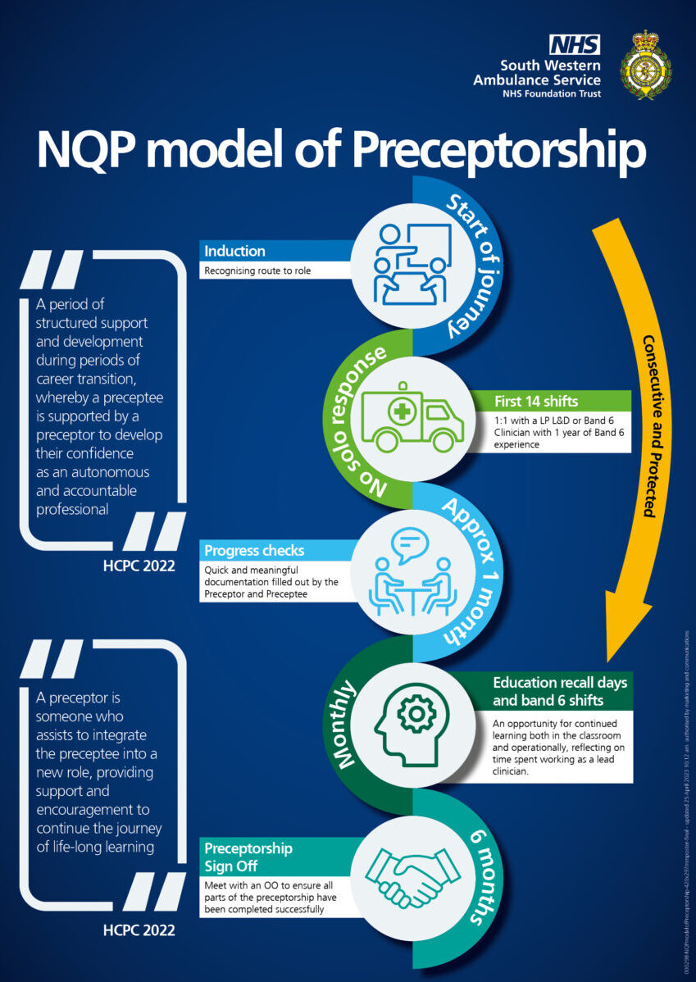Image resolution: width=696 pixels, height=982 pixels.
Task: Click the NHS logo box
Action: tap(575, 44)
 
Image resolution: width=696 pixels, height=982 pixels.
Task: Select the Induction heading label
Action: tap(234, 251)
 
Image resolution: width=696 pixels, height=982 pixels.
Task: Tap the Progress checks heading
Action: tap(254, 550)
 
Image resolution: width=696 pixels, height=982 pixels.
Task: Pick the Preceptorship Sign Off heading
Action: tap(248, 856)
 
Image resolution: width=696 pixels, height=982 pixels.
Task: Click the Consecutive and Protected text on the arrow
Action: tap(648, 425)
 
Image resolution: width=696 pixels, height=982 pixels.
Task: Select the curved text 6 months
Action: tap(480, 877)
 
